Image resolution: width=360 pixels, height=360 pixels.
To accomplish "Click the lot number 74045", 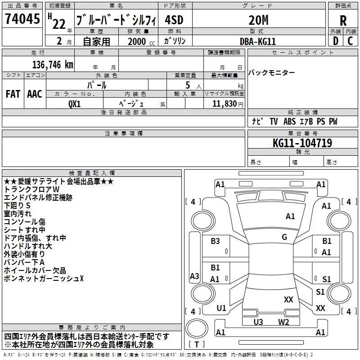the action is (22, 19).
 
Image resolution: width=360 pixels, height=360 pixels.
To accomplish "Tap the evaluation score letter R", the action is (343, 21).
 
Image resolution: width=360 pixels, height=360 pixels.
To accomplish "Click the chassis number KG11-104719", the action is (302, 143).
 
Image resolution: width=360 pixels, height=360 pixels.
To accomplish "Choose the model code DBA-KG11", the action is (258, 41).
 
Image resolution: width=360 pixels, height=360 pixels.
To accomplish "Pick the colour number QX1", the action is (75, 103).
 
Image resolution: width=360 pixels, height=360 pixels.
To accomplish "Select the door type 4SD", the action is (175, 20).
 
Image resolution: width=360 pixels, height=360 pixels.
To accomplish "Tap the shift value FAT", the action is (13, 94).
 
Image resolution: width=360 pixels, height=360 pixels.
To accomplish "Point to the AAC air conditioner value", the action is (35, 94).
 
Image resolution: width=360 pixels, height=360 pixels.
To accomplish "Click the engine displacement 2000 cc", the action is (136, 41).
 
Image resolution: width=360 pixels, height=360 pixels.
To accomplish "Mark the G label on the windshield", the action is (284, 237).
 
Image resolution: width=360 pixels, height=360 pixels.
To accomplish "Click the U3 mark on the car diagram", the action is (258, 322).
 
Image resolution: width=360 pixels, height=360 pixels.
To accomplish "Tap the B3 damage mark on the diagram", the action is (216, 241).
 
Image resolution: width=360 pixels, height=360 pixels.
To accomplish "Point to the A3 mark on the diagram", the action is (194, 276).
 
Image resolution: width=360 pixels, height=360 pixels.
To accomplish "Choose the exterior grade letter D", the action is (335, 41).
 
